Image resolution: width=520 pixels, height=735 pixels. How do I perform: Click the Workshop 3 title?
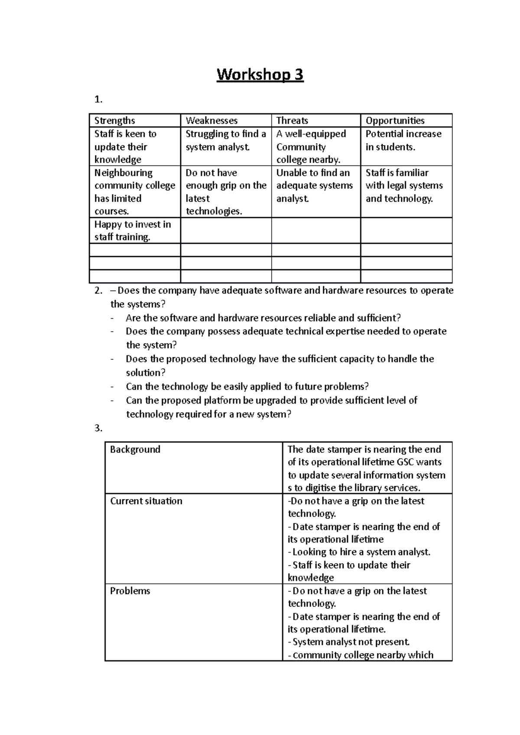point(260,75)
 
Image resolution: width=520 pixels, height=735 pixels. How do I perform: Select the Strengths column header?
point(115,121)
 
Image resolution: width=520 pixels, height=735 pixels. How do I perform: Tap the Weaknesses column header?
point(211,121)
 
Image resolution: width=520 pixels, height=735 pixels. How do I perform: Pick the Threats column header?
point(292,121)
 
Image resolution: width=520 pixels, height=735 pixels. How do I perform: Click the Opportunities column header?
point(395,121)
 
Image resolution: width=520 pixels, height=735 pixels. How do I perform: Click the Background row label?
point(135,449)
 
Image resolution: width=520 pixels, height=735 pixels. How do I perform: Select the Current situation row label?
point(146,501)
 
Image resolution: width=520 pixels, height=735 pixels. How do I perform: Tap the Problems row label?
point(130,591)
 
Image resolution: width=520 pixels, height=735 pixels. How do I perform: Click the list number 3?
point(98,428)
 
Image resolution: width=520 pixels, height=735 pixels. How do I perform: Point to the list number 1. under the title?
point(98,100)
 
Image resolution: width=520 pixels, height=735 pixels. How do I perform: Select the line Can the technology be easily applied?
point(247,387)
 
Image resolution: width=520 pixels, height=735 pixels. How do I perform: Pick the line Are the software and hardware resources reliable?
point(263,318)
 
